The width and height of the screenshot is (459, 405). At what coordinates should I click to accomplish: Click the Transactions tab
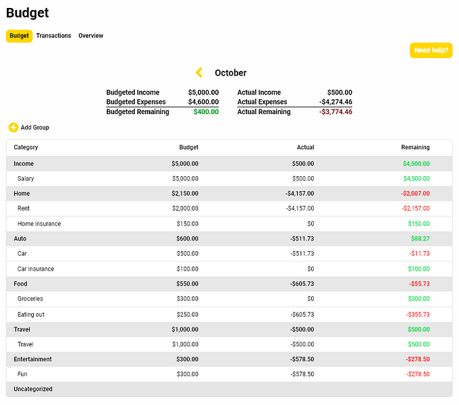[53, 36]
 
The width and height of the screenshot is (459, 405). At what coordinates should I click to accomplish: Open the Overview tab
[90, 36]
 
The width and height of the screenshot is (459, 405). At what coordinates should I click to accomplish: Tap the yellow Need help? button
[431, 50]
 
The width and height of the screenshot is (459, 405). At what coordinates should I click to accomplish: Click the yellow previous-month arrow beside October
[199, 73]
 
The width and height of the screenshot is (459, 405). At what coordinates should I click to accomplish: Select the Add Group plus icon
[13, 128]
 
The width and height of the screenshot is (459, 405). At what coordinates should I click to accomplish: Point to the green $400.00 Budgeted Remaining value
[206, 112]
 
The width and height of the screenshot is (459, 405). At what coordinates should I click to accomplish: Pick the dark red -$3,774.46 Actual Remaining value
[335, 112]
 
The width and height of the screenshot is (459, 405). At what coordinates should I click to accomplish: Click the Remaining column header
[415, 147]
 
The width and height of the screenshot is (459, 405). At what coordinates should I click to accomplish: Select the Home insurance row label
[39, 223]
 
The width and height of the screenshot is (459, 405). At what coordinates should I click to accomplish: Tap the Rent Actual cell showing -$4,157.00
[299, 209]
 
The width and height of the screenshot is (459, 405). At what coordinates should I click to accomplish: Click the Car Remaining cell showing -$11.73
[419, 254]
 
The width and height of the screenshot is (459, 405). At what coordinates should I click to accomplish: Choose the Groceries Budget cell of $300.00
[185, 298]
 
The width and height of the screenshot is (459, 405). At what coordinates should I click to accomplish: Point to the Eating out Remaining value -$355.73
[418, 315]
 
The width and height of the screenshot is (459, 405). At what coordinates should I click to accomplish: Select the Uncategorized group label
[33, 389]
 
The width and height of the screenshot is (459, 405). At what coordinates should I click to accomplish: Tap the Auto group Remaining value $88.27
[420, 238]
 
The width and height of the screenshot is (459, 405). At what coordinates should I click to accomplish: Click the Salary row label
[26, 179]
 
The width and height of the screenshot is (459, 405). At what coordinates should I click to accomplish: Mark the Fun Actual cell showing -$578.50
[302, 374]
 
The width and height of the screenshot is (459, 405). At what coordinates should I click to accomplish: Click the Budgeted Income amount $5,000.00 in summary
[203, 92]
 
